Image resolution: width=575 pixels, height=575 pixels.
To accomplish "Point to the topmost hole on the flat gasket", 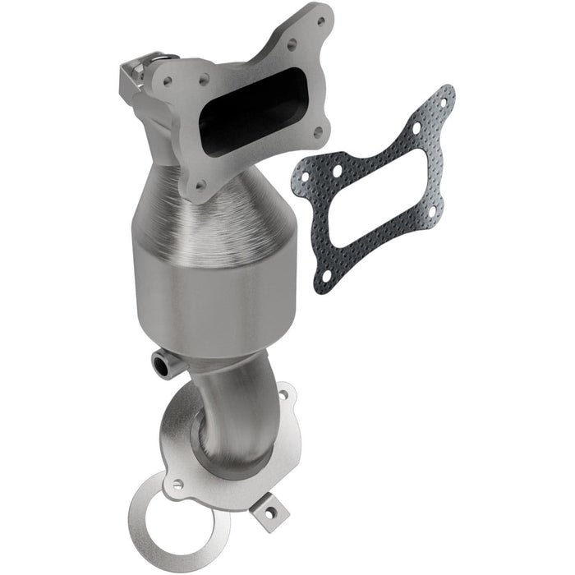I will pyautogui.click(x=444, y=103).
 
